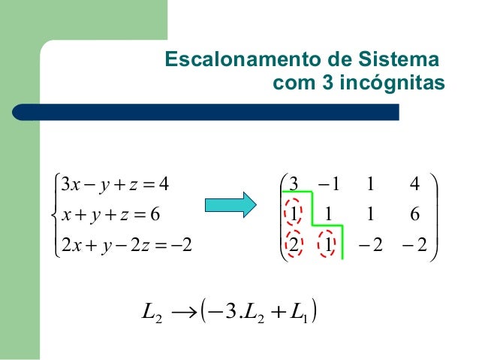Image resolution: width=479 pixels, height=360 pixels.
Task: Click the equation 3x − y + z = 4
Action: [114, 183]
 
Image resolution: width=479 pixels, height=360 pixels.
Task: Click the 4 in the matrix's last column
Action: [415, 183]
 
